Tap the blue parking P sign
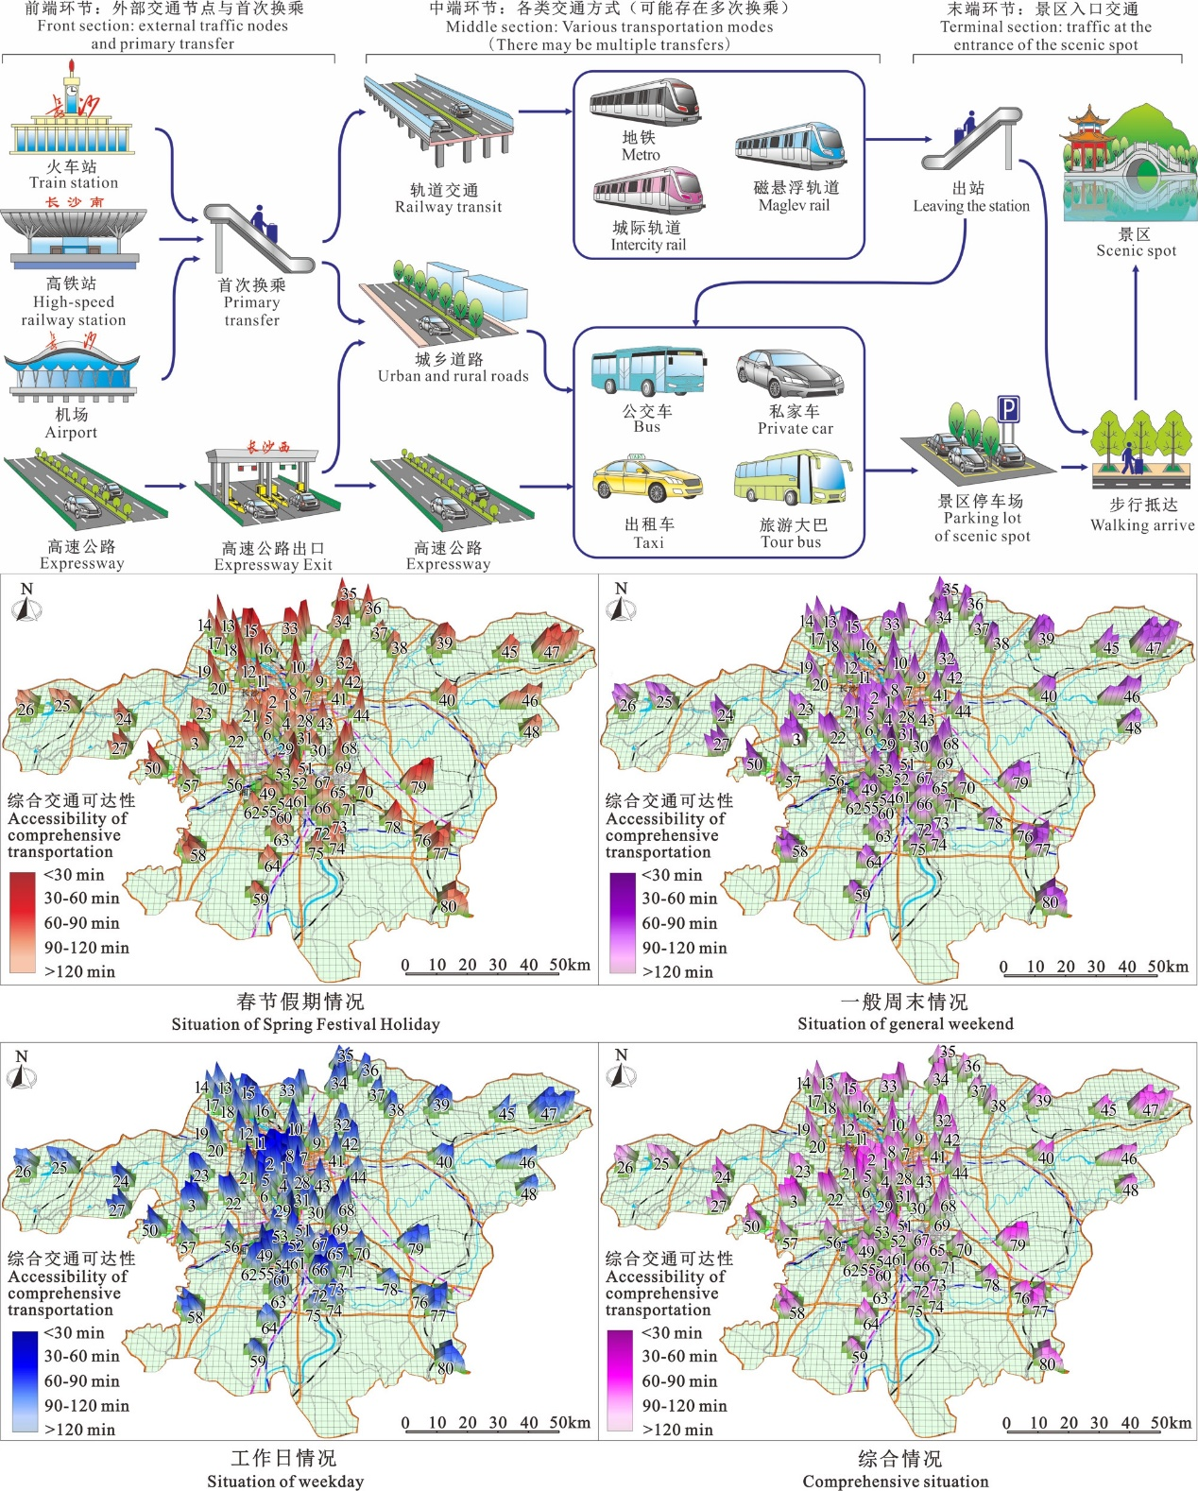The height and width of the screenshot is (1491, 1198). [1009, 410]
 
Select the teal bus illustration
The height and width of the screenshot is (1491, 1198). [647, 371]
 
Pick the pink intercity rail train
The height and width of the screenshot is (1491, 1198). [648, 191]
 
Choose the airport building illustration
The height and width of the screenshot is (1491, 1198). [72, 372]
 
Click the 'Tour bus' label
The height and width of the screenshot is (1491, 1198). [791, 542]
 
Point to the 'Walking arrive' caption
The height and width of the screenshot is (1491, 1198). [1142, 525]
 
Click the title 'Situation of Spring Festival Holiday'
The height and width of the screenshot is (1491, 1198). [305, 1024]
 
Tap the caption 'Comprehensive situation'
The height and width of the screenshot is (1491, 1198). [896, 1482]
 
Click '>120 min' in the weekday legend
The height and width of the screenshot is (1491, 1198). [79, 1430]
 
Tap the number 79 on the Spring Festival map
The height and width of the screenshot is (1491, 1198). [418, 786]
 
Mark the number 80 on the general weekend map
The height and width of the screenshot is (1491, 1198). [1050, 902]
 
